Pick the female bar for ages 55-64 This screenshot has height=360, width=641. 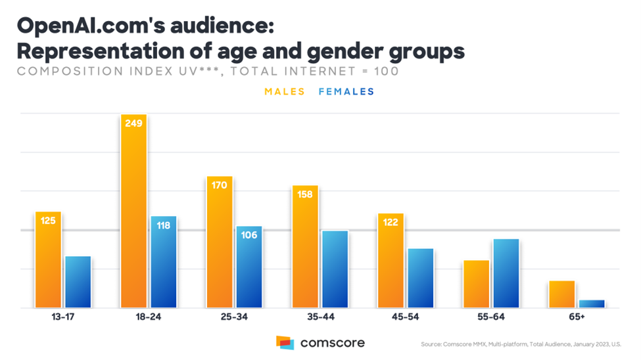click(x=506, y=273)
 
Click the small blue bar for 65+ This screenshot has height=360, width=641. click(x=591, y=304)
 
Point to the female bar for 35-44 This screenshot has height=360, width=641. click(x=335, y=269)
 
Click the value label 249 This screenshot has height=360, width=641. click(x=133, y=124)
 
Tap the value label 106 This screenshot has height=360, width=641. click(x=249, y=235)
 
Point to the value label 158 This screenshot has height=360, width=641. click(x=305, y=194)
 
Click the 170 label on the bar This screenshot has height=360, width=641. click(x=220, y=185)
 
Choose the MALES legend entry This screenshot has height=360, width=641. click(x=285, y=91)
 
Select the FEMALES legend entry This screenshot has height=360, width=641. click(x=346, y=91)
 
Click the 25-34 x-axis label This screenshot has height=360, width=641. click(x=234, y=317)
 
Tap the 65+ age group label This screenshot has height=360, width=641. click(x=577, y=317)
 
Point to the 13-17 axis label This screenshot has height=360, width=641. click(x=63, y=317)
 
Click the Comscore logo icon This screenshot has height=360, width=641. click(x=285, y=342)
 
